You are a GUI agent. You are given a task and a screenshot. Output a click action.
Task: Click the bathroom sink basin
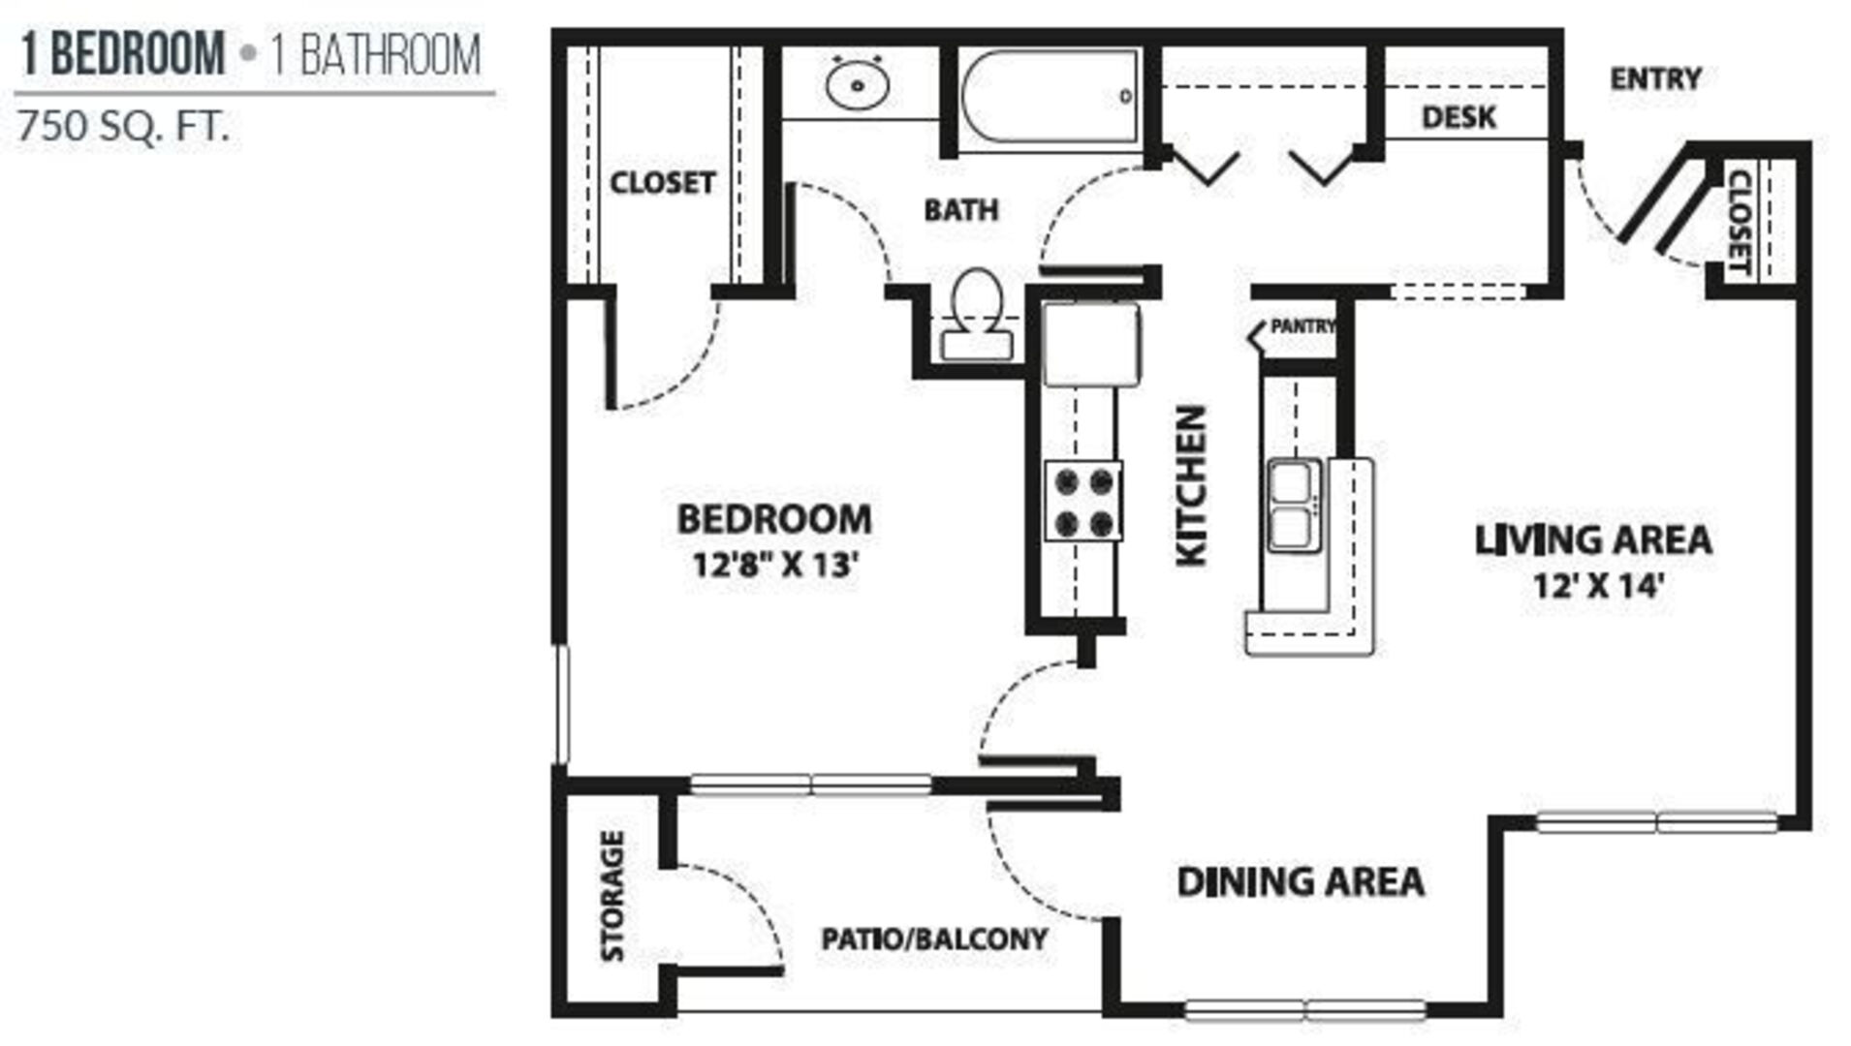coord(858,84)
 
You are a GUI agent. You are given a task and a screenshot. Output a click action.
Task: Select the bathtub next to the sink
coord(1051,96)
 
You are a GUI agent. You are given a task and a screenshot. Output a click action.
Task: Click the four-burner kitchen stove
coord(1083,500)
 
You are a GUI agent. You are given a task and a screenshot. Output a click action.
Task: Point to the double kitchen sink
coord(1294,506)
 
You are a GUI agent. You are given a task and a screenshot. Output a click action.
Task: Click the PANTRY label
coord(1302,326)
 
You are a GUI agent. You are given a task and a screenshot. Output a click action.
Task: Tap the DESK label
coord(1459,117)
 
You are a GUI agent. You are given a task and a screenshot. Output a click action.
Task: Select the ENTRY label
coord(1655,78)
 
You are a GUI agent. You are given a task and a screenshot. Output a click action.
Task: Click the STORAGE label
coord(612,896)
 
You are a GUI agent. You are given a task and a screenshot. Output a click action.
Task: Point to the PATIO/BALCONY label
coord(934,938)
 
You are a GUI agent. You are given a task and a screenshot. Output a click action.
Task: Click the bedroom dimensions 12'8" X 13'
coord(776,564)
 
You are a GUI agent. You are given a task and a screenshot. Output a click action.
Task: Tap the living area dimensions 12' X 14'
coord(1598,585)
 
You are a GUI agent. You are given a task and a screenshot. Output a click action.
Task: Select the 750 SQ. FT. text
coord(123,127)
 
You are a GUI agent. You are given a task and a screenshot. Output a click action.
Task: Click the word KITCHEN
coord(1191,485)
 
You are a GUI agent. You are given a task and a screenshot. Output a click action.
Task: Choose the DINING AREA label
coord(1301,881)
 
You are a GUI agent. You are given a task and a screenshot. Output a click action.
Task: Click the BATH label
coord(960,210)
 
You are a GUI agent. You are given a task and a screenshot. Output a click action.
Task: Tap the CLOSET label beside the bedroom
coord(662,182)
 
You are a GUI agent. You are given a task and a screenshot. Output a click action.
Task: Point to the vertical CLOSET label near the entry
coord(1740,222)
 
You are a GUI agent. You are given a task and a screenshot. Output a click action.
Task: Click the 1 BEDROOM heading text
coord(123,53)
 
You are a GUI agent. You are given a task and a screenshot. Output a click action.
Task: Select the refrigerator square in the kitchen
coord(1092,344)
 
